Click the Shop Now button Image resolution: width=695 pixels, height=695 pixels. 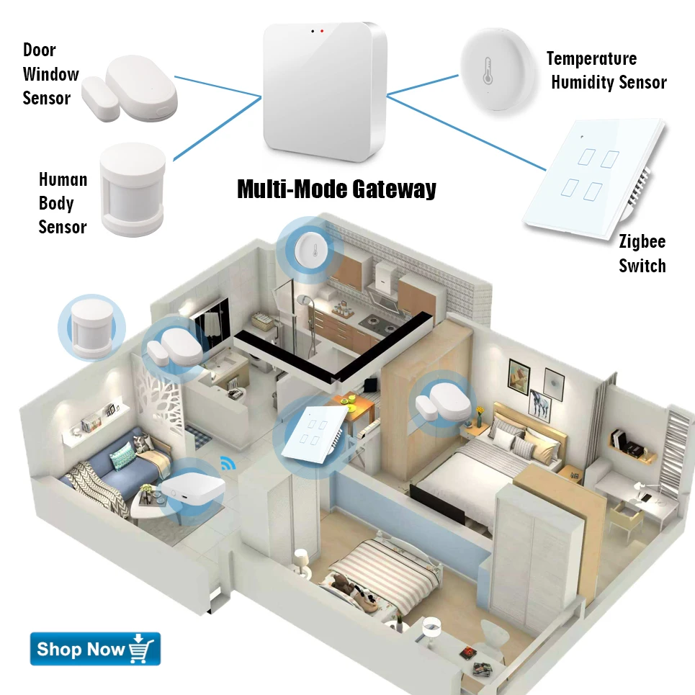pos(94,649)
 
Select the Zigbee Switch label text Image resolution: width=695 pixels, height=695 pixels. pos(642,254)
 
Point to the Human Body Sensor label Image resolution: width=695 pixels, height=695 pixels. pos(63,203)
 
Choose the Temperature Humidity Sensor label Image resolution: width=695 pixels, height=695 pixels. pos(607,71)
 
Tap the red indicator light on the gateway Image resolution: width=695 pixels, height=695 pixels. pos(321,32)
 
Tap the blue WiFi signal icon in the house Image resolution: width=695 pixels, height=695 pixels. pos(229,462)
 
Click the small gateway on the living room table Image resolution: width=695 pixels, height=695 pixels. pos(192,493)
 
